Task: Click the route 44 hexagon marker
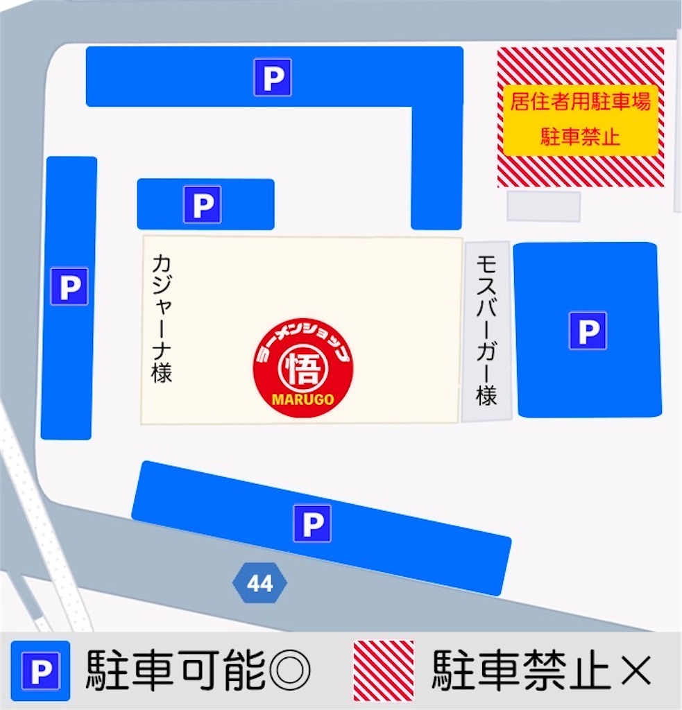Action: [x=259, y=584]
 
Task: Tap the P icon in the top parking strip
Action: [x=272, y=77]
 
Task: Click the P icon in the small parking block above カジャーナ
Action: [x=202, y=205]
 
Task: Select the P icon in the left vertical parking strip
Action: [x=69, y=286]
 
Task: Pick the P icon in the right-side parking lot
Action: [x=588, y=330]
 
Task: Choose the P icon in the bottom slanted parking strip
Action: [x=312, y=523]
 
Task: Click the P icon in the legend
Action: [x=40, y=670]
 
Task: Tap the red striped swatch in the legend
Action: [x=384, y=670]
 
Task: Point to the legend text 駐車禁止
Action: [x=520, y=670]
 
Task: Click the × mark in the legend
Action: [x=634, y=670]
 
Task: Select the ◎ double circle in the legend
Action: [x=290, y=670]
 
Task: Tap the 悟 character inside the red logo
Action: [x=303, y=369]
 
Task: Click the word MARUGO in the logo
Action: [x=303, y=399]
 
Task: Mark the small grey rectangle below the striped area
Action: [x=543, y=207]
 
